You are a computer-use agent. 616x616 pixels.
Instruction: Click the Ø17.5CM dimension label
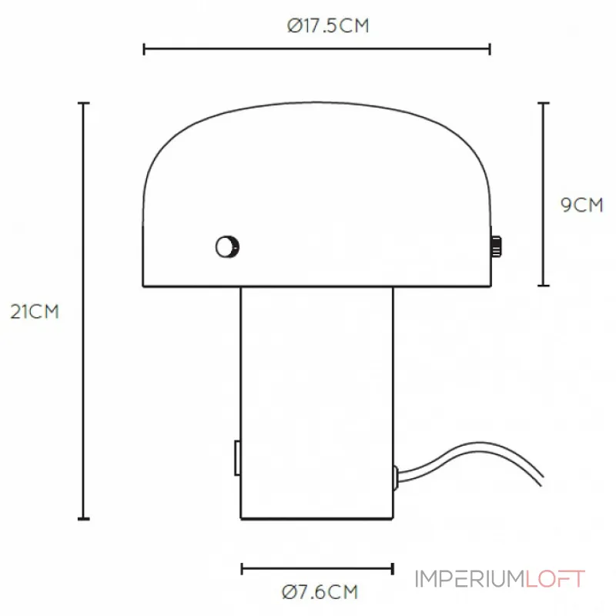pos(328,26)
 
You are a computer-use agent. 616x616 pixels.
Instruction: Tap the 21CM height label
pos(35,312)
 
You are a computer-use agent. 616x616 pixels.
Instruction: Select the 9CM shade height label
pos(581,205)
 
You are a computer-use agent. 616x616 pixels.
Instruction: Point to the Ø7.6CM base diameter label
pos(320,592)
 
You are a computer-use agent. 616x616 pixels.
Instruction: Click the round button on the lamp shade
pos(227,246)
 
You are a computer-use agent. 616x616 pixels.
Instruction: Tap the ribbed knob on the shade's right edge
pos(496,246)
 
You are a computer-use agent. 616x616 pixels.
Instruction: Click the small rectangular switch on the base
pos(237,457)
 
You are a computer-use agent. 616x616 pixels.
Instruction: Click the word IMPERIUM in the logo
pos(470,579)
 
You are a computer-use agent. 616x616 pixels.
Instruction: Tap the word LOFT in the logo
pos(555,579)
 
